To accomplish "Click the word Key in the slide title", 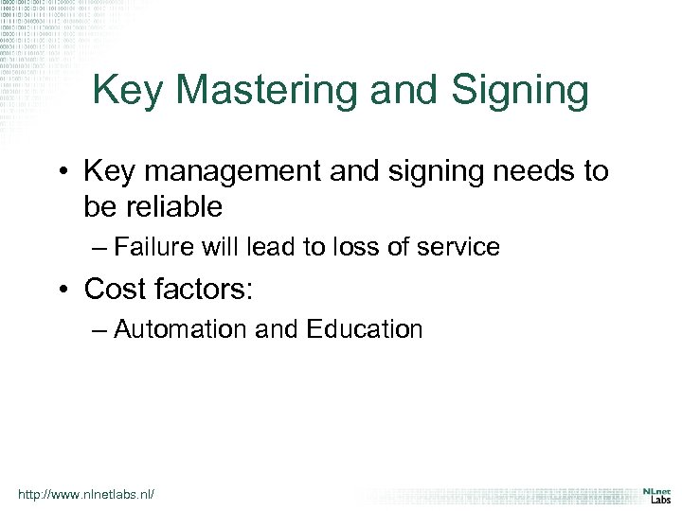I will (128, 91).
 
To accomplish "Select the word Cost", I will (117, 288).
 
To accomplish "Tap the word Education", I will (364, 329).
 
